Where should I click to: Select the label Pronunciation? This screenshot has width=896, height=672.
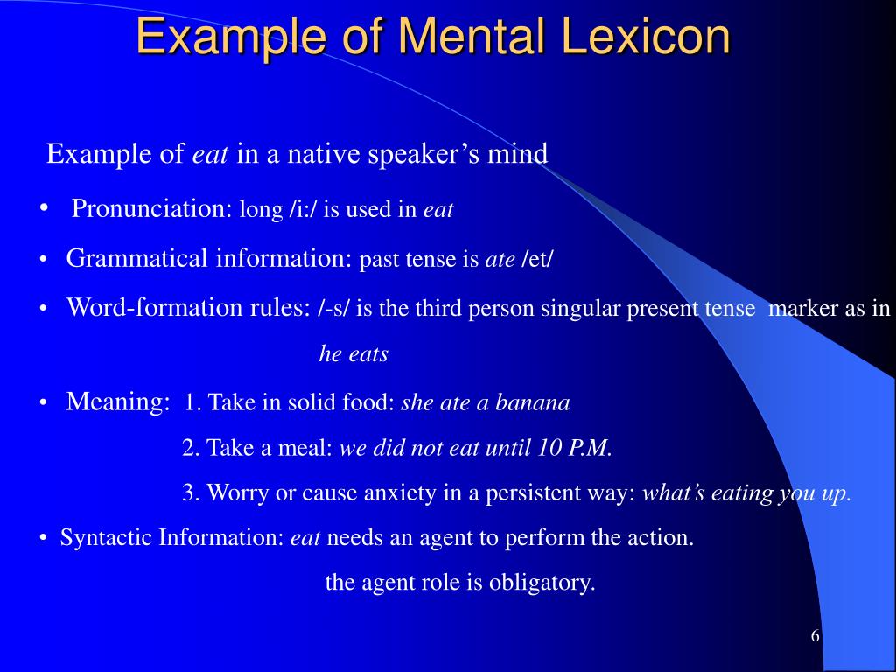(x=151, y=209)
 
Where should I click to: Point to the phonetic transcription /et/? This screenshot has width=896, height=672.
(x=537, y=261)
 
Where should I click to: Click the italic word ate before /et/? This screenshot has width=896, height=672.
(x=500, y=261)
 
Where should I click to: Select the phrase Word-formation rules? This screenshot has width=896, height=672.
(x=189, y=308)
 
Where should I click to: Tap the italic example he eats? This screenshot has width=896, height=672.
(x=353, y=354)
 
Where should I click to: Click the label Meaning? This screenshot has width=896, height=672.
(x=118, y=402)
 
